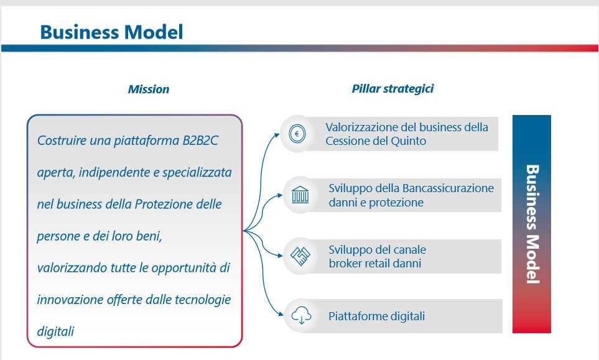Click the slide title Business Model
111,32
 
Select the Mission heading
149,90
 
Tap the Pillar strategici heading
392,89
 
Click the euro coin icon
297,134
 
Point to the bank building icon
300,195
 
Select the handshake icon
300,256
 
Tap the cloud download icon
301,316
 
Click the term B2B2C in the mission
200,141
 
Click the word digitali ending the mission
55,331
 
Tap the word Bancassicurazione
448,188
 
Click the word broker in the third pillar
346,264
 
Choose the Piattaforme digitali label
377,316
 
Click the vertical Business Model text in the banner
532,224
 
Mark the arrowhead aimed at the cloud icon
281,314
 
